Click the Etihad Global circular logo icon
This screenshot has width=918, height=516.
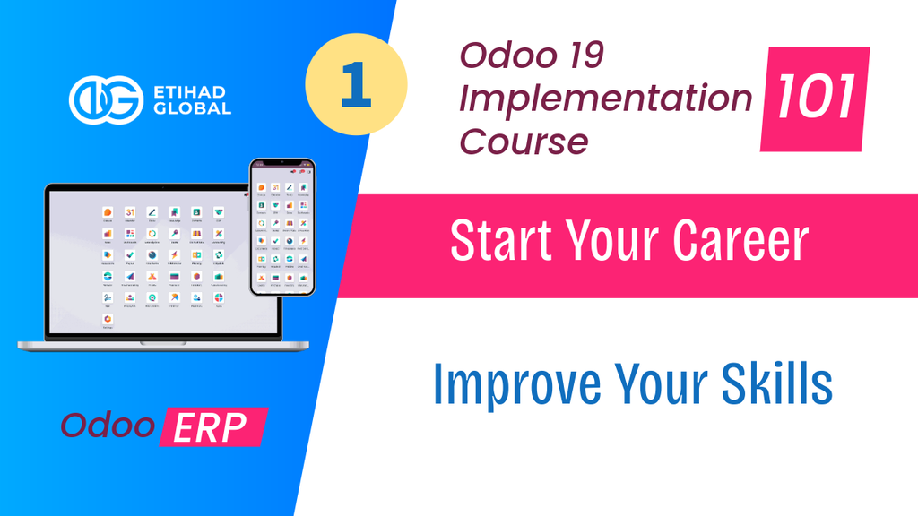click(106, 99)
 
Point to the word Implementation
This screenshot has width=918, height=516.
click(605, 99)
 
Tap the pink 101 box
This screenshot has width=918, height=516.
click(815, 99)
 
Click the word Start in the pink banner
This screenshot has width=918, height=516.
click(502, 242)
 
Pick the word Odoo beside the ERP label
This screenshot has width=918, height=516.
click(107, 426)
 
